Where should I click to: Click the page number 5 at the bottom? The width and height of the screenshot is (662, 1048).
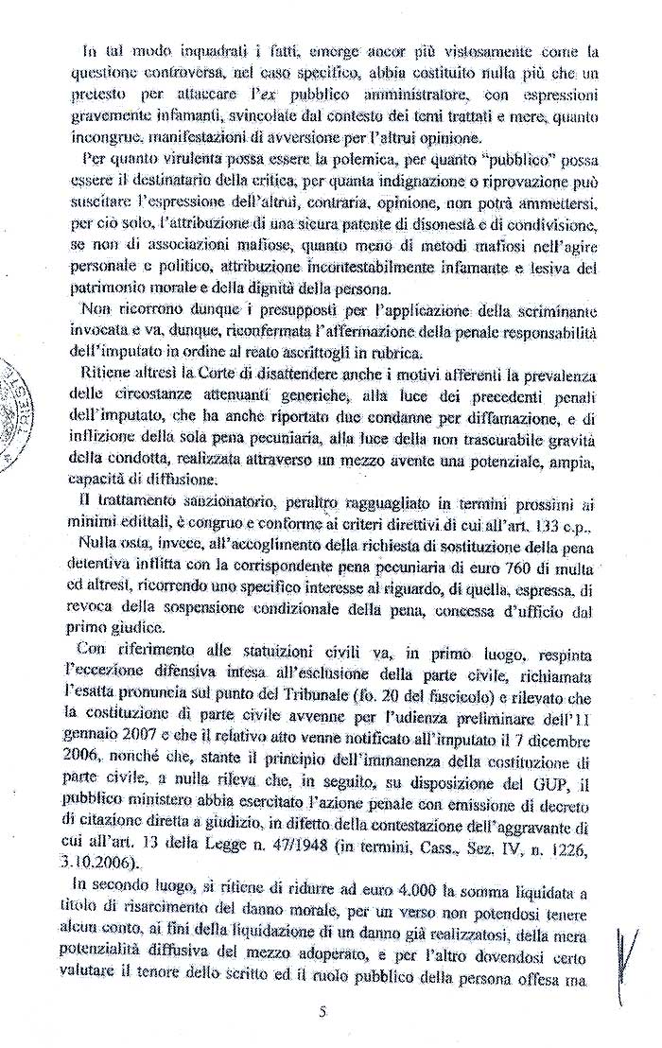(x=322, y=1012)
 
